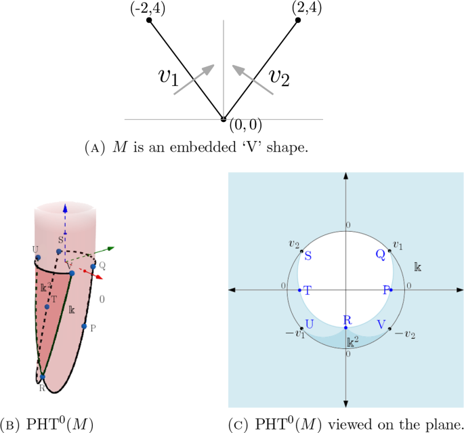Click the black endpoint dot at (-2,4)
click(x=150, y=21)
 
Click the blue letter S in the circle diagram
click(x=308, y=255)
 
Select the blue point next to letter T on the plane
click(x=300, y=290)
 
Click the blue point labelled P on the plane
click(x=391, y=290)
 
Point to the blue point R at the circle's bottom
click(x=345, y=328)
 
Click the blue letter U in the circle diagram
click(x=309, y=324)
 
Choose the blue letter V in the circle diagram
click(x=381, y=325)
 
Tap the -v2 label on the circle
click(x=404, y=335)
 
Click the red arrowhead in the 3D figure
click(x=100, y=276)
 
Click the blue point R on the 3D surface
click(x=42, y=377)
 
